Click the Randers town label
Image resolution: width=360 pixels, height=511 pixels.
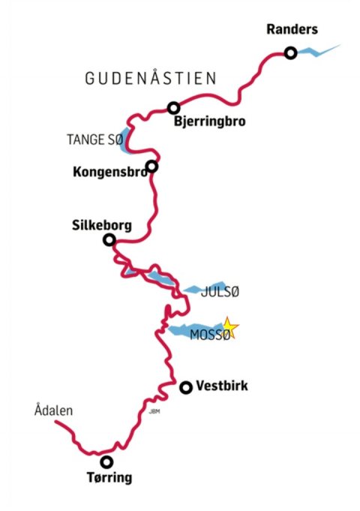pos(292,30)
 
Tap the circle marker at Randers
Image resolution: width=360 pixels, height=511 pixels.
pos(290,53)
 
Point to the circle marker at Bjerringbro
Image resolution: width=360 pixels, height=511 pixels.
pos(174,108)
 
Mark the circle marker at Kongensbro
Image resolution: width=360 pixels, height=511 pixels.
pos(152,166)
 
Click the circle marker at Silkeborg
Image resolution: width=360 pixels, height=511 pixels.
pos(109,240)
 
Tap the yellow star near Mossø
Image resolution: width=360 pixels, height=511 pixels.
pos(229,328)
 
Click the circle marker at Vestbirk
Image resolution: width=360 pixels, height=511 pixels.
pos(186,387)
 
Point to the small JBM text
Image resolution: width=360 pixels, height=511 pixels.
pos(154,410)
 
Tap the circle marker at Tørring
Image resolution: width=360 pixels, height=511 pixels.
pos(107,462)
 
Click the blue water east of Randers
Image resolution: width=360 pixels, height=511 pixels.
pos(319,52)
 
